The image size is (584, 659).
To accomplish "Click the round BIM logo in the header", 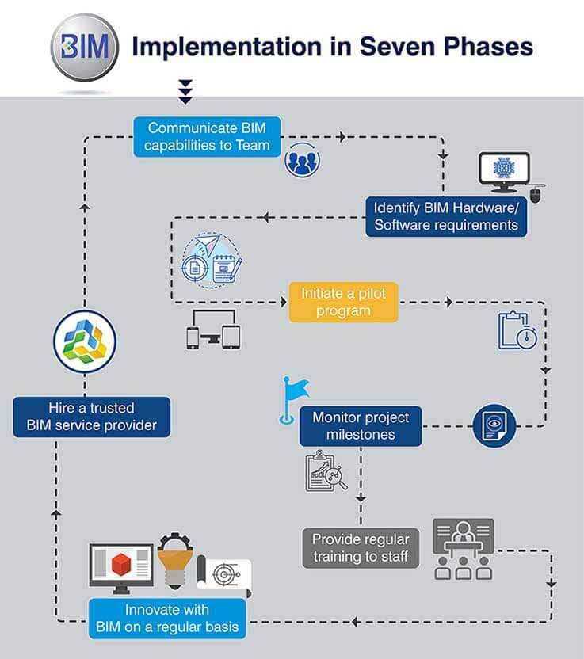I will [x=84, y=48].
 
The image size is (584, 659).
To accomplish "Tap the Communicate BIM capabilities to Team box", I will [x=208, y=135].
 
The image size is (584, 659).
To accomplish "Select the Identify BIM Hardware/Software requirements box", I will [x=446, y=215].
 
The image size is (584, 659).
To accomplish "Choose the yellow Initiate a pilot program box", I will [x=343, y=302].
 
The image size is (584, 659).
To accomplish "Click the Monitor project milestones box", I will [x=361, y=425].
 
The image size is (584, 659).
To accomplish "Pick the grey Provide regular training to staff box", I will [x=361, y=547].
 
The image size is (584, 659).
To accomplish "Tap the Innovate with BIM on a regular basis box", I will [x=166, y=619].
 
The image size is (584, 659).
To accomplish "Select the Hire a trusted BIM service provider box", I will [x=90, y=417].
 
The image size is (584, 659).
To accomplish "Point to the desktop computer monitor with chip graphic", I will [x=504, y=173].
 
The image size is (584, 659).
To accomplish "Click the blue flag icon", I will [x=296, y=394].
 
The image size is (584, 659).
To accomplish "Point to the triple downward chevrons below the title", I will [x=185, y=90].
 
